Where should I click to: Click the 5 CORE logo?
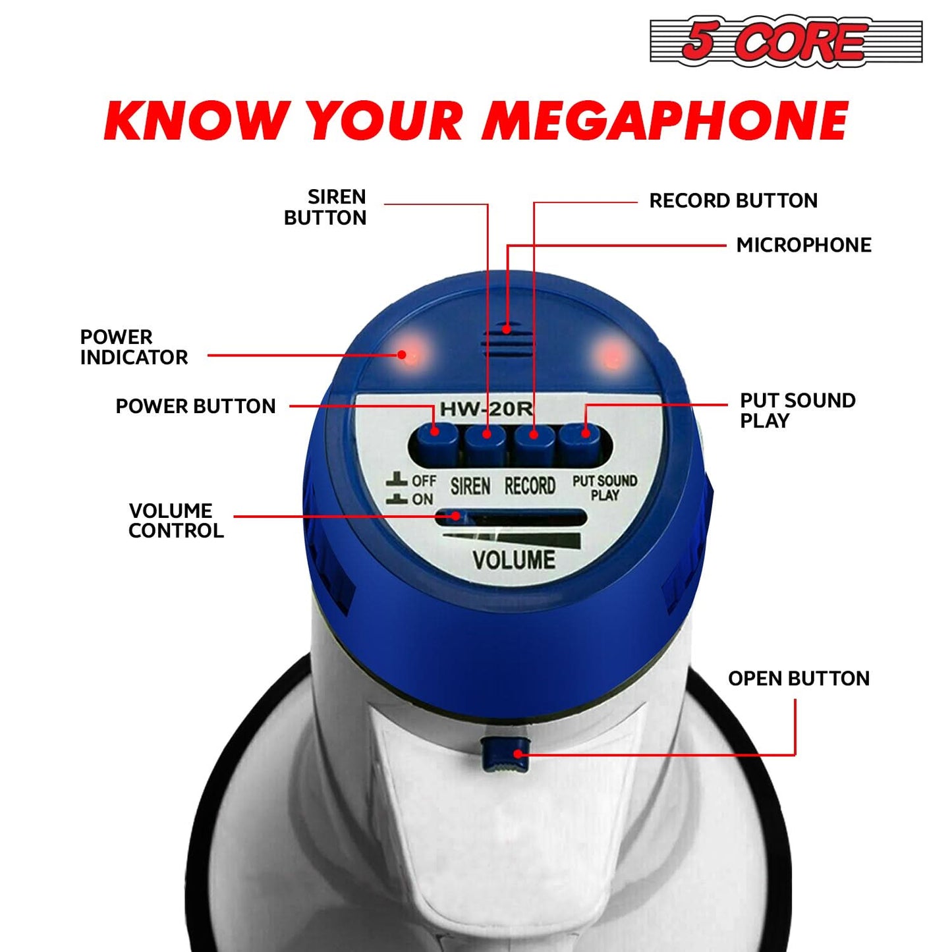coord(785,41)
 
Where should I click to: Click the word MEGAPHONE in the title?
coord(665,121)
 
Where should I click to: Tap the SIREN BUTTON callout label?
coord(325,207)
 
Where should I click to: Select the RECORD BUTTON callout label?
coord(733,201)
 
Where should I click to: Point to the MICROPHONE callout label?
coord(804,245)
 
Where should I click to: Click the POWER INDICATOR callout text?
coord(134,347)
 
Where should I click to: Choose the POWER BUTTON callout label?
coord(196,406)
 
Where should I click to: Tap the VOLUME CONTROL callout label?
coord(176,520)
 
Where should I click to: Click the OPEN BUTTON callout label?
coord(798,679)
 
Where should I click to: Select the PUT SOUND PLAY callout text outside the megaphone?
coord(797,410)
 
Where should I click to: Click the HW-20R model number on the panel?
coord(486,409)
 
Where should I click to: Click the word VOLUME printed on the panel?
coord(514,560)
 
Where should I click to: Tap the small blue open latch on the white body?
coord(504,755)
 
